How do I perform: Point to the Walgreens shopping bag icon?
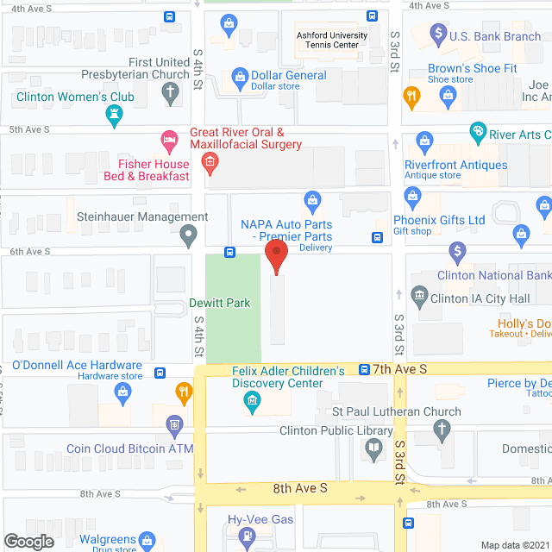coord(147,541)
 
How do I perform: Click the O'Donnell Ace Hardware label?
coord(78,365)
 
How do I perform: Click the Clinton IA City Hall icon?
coord(419,296)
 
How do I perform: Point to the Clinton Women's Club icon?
coord(115,114)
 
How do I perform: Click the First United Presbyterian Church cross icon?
coord(172,93)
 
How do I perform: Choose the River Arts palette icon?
coord(477,134)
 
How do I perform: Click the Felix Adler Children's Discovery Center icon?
coord(253,400)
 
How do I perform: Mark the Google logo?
coord(29,541)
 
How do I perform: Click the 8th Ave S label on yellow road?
coord(300,488)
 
